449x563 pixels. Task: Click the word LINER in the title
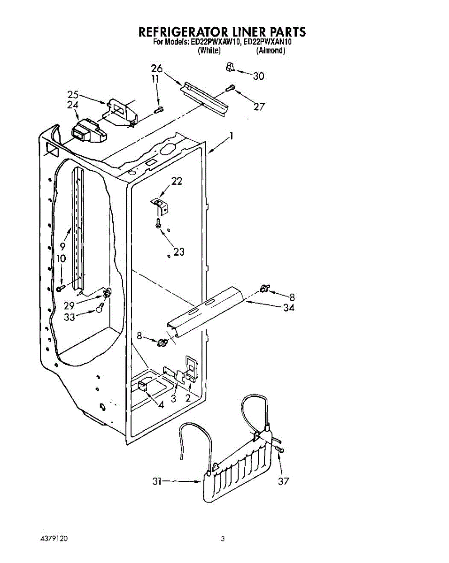coord(249,32)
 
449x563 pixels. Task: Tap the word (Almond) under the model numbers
coord(271,51)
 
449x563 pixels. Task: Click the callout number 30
coord(259,76)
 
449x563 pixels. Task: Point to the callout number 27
coord(259,107)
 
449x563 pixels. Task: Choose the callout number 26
coord(157,68)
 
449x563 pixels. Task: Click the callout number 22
coord(177,181)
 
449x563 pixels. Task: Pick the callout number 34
coord(289,308)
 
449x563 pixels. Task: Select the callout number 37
coord(283,481)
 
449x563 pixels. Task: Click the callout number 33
coord(70,317)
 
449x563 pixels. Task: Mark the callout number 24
coord(72,106)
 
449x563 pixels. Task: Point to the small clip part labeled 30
coord(229,67)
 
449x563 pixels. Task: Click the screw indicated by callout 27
coord(231,88)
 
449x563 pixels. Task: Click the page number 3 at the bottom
coord(223,539)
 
